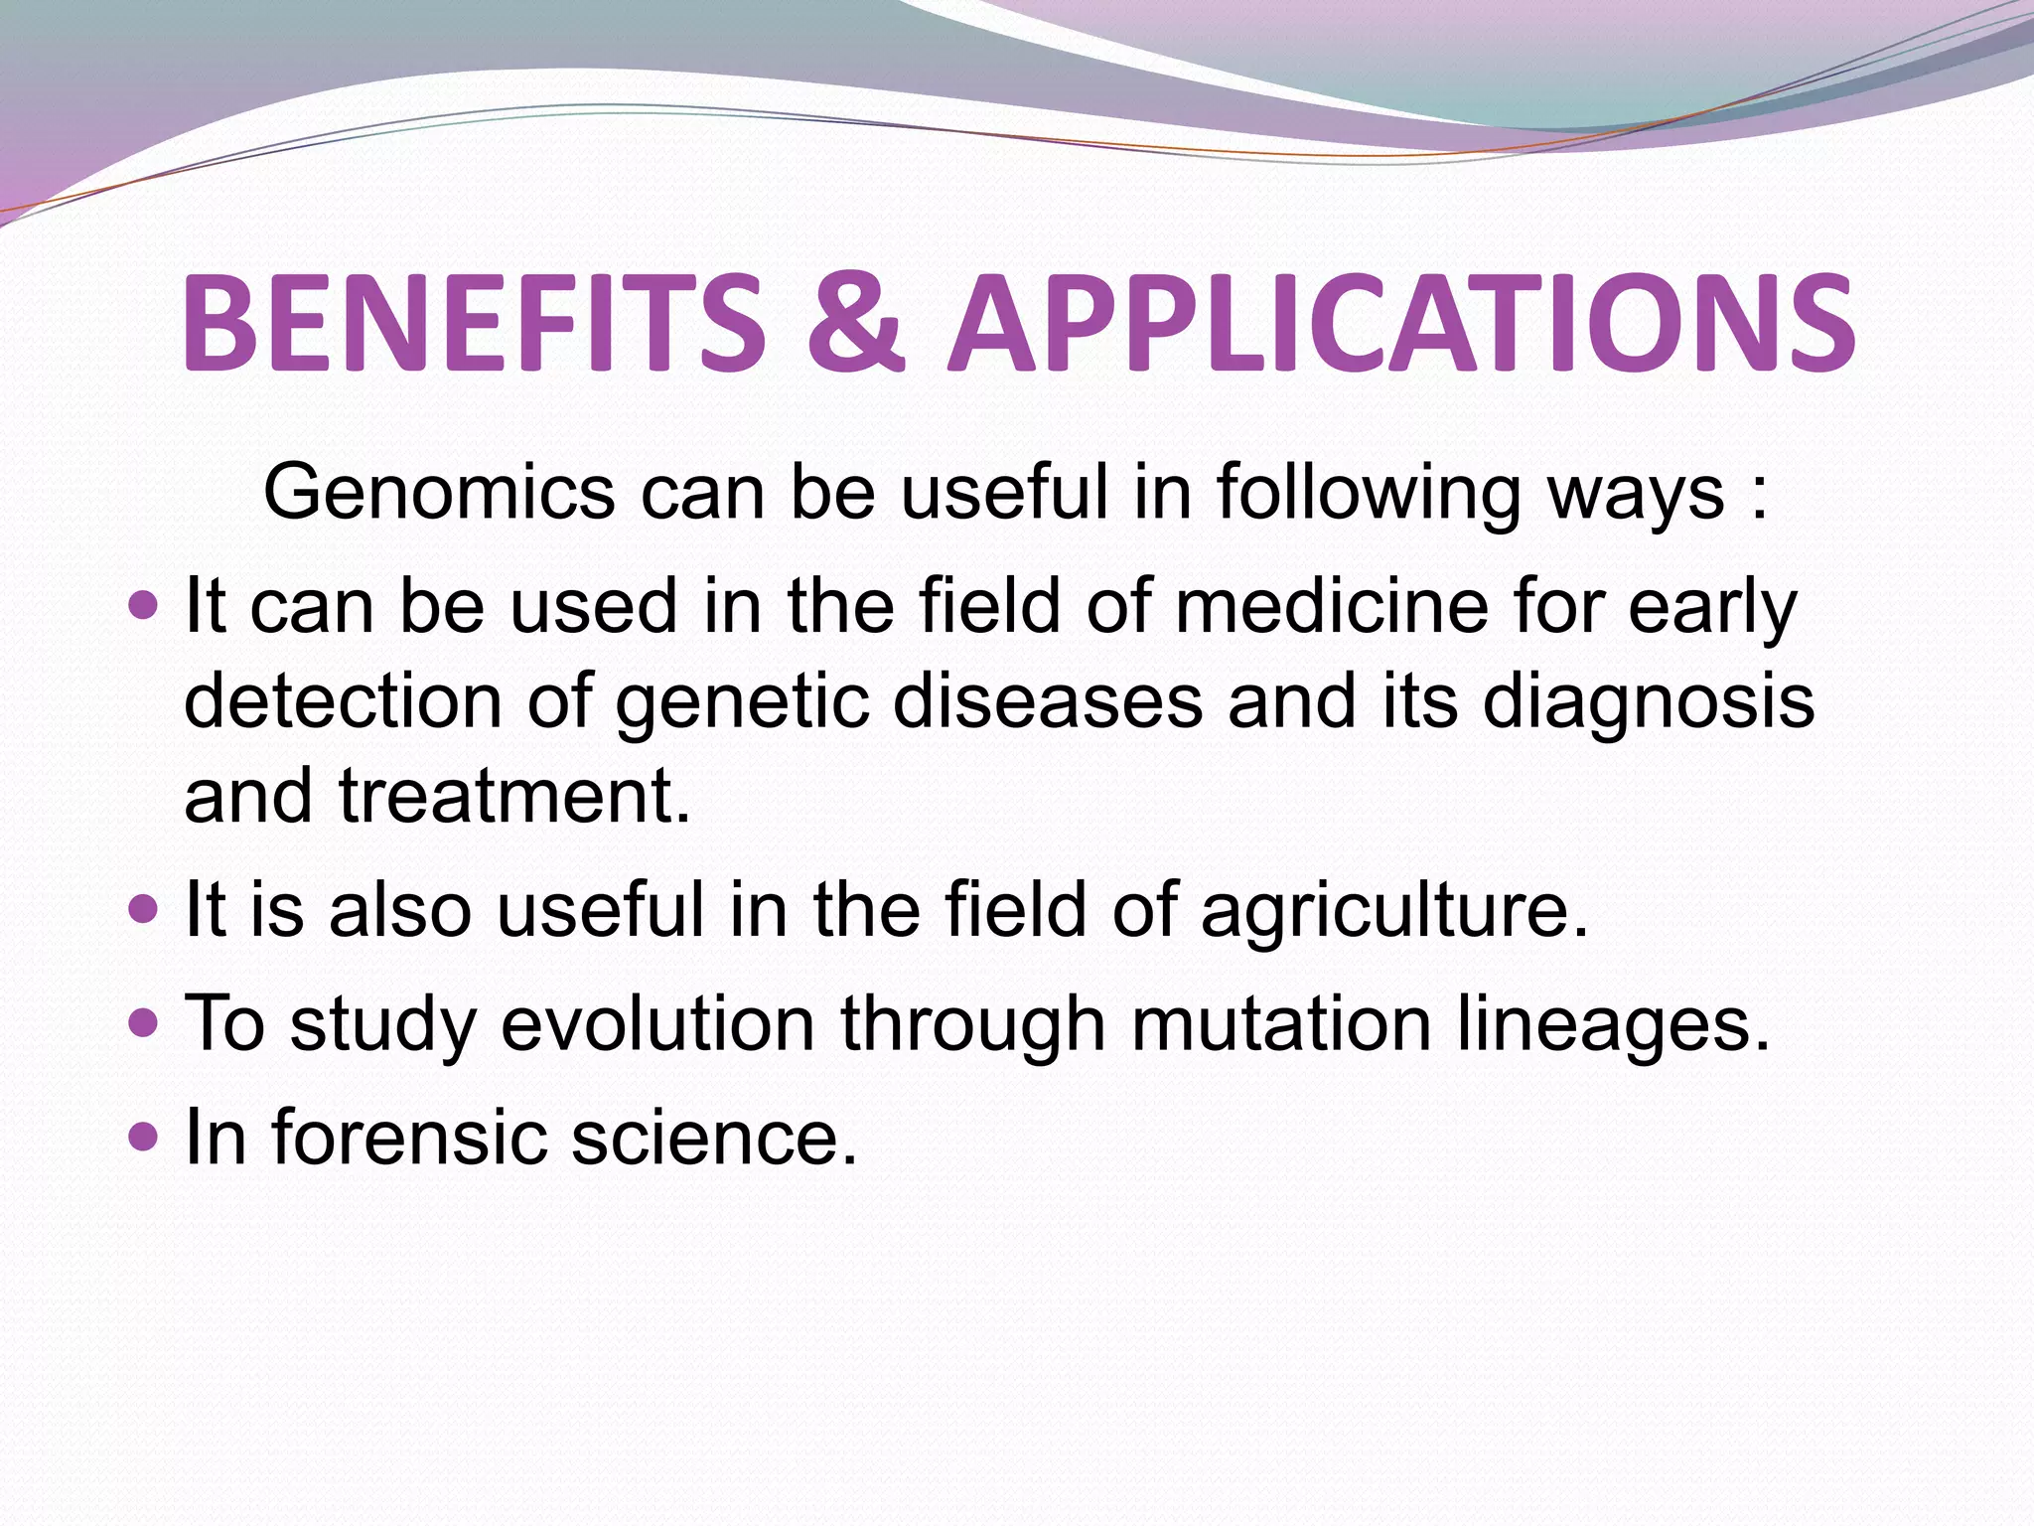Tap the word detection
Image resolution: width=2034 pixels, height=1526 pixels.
pos(343,701)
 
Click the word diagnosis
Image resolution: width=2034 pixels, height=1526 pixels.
pos(1649,703)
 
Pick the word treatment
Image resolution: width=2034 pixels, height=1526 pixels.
pos(513,797)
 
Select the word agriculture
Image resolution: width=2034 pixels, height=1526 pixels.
pos(1393,912)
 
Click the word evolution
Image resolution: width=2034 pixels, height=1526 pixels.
pos(657,1024)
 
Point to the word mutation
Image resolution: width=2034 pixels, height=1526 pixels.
pos(1281,1024)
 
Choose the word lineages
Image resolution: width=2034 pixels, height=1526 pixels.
pos(1613,1026)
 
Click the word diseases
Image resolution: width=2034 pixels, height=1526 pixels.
pos(1047,701)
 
